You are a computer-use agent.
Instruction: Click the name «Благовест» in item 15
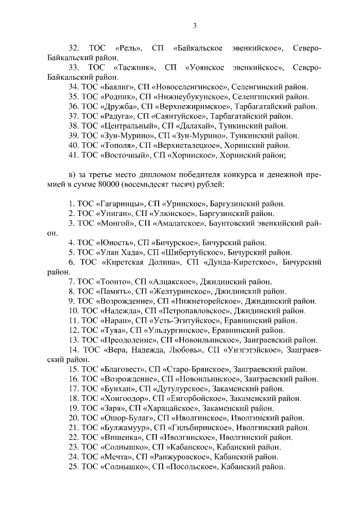(123, 369)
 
